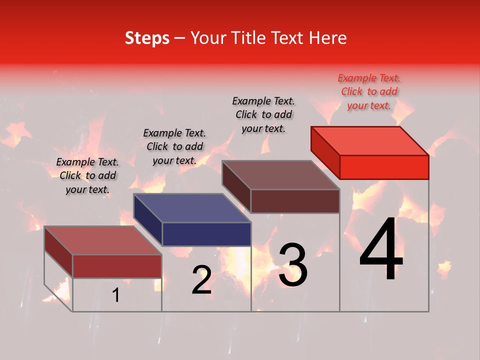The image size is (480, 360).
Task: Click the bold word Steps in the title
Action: [x=147, y=38]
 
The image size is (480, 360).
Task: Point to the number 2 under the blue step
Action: [x=201, y=280]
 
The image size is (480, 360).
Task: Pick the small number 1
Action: [x=115, y=295]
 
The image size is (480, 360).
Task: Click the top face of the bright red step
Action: [x=369, y=140]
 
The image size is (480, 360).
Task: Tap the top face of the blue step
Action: [x=191, y=207]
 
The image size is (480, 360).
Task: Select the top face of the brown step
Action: [x=280, y=174]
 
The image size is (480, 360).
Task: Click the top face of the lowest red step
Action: [x=102, y=240]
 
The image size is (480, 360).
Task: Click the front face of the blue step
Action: [x=206, y=234]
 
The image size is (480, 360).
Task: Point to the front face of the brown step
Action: [x=295, y=201]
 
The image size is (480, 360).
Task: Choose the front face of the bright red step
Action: [x=384, y=167]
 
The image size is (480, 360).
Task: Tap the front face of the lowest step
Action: [x=117, y=266]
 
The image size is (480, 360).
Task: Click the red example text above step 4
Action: [x=369, y=91]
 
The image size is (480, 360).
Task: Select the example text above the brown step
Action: [x=263, y=114]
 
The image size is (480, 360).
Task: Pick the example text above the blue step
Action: [x=174, y=146]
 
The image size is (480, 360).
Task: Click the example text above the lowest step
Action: [x=87, y=175]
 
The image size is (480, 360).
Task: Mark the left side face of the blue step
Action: [x=148, y=220]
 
